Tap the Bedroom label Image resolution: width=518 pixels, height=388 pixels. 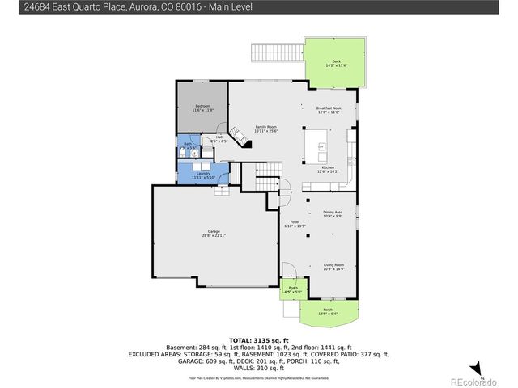pyautogui.click(x=202, y=108)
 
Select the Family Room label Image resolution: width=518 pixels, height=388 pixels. pyautogui.click(x=265, y=128)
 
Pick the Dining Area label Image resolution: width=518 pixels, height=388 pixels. pyautogui.click(x=333, y=214)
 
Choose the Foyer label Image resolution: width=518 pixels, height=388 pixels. pyautogui.click(x=295, y=225)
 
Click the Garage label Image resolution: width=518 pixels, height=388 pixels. pyautogui.click(x=214, y=234)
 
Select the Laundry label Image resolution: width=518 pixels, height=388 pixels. pyautogui.click(x=202, y=175)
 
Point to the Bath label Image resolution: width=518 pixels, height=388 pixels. pyautogui.click(x=187, y=147)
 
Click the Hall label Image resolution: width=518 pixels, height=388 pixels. pyautogui.click(x=219, y=140)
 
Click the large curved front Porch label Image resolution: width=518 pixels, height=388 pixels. pyautogui.click(x=327, y=310)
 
